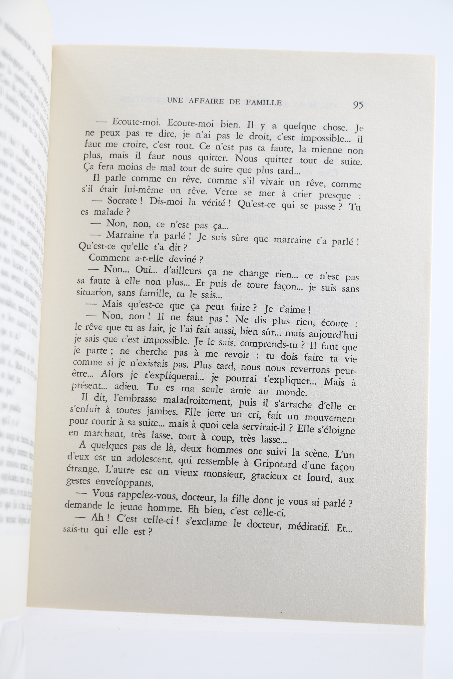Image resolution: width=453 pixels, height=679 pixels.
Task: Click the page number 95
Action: point(358,105)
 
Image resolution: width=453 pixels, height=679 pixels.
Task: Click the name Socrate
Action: point(122,201)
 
